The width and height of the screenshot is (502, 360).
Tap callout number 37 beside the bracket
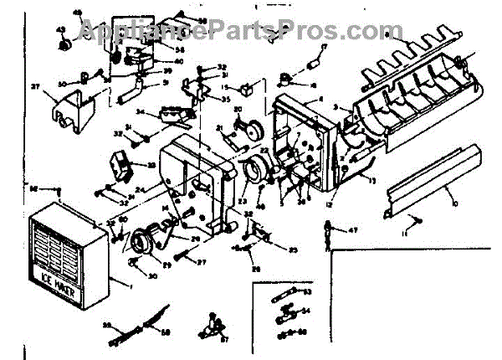click(36, 86)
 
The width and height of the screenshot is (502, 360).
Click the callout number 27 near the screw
click(202, 262)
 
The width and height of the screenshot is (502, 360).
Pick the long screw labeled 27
click(184, 256)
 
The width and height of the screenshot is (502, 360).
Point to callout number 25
click(294, 250)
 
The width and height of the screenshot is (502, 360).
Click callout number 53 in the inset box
click(308, 291)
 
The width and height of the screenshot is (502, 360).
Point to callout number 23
click(243, 200)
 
